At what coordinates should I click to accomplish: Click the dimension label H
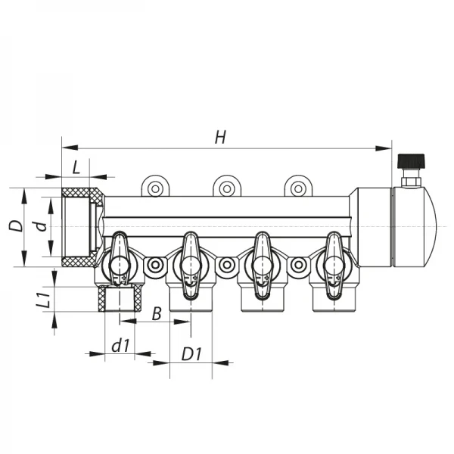pos(220,137)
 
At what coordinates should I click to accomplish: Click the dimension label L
pos(76,166)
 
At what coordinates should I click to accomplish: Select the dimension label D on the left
pos(14,225)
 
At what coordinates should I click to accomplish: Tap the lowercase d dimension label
pos(42,225)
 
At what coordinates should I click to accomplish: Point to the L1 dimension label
pos(44,300)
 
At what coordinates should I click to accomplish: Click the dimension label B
pos(156,313)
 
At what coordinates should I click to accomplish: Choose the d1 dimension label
pos(120,345)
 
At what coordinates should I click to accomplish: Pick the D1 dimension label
pos(191,354)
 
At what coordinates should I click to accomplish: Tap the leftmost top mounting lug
pos(156,187)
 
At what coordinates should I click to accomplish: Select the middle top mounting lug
pos(226,187)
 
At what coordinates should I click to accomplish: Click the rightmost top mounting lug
pos(297,187)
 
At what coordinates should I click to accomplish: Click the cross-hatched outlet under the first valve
pos(118,300)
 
